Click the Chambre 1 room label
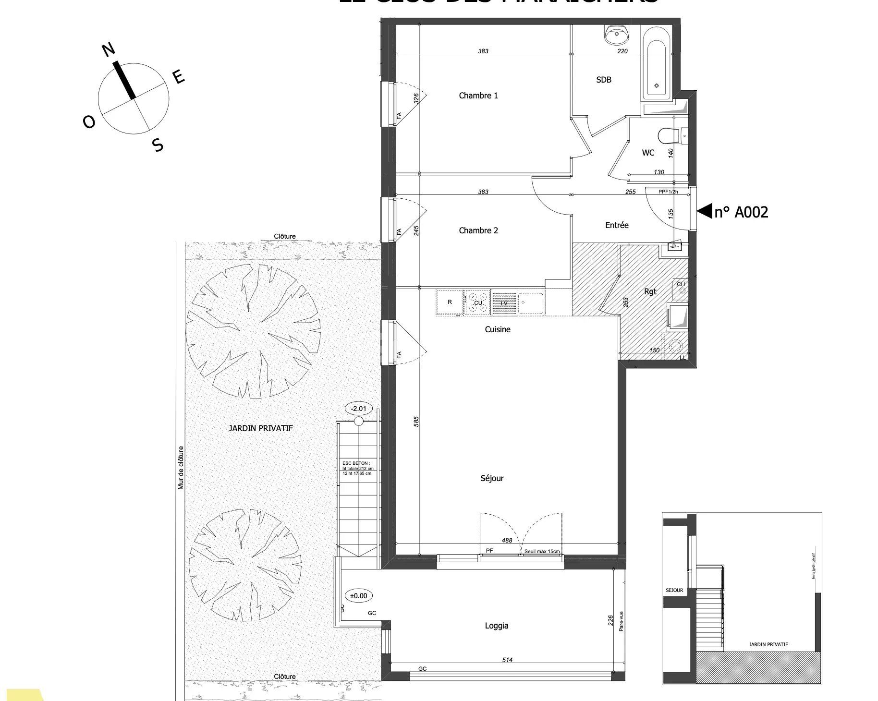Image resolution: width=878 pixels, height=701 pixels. coord(478,96)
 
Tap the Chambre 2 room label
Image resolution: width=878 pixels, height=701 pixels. coord(478,230)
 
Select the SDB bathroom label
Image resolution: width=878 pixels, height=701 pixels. coord(603,80)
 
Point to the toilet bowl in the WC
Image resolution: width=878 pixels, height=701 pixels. coord(669,135)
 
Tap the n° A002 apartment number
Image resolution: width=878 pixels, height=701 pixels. coord(741,212)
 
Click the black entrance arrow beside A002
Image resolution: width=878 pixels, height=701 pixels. coord(704,211)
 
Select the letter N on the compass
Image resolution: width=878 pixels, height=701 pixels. coord(109,49)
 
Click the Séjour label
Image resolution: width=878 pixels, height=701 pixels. coord(492,478)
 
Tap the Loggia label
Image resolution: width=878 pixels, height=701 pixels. coord(496,626)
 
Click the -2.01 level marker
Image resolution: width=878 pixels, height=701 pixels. coord(358,409)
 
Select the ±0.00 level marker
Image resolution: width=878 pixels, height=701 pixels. coord(358,596)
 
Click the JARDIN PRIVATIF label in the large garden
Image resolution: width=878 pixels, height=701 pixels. coord(260,428)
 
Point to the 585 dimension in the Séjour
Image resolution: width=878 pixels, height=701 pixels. coord(416,422)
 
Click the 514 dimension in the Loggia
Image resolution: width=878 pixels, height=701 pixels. coord(507,660)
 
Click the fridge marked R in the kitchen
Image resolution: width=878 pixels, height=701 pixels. coord(450,302)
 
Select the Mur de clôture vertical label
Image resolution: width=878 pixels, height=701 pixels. coord(181,468)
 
